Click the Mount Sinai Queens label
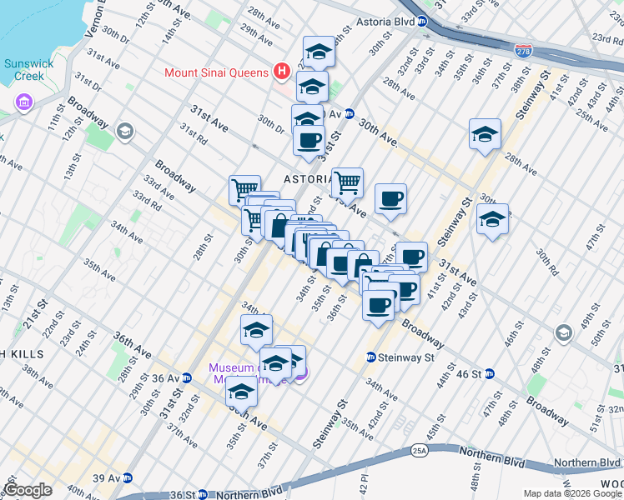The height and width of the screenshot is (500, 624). tap(216, 72)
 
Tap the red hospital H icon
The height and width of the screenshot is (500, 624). tap(282, 72)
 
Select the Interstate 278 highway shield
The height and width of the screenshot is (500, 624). tap(523, 52)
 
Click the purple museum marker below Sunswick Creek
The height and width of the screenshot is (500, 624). tap(23, 103)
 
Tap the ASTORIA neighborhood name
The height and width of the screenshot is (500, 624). tap(309, 179)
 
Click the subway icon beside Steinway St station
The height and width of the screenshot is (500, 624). tap(370, 357)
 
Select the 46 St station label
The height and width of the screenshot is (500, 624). tap(470, 373)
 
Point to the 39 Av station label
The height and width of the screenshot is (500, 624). tap(105, 477)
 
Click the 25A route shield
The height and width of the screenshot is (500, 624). tap(417, 451)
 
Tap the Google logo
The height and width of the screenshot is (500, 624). tap(28, 490)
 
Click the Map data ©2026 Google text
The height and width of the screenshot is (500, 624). tap(571, 493)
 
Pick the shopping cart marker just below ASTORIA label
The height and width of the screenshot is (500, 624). tap(347, 182)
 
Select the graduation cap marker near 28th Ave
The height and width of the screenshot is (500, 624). tap(485, 134)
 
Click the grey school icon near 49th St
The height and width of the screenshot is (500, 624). tap(564, 333)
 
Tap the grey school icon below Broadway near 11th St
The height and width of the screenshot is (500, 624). tap(124, 131)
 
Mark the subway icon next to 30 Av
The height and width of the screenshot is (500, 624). tap(350, 114)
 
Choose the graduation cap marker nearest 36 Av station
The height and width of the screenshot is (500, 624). tap(241, 389)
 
